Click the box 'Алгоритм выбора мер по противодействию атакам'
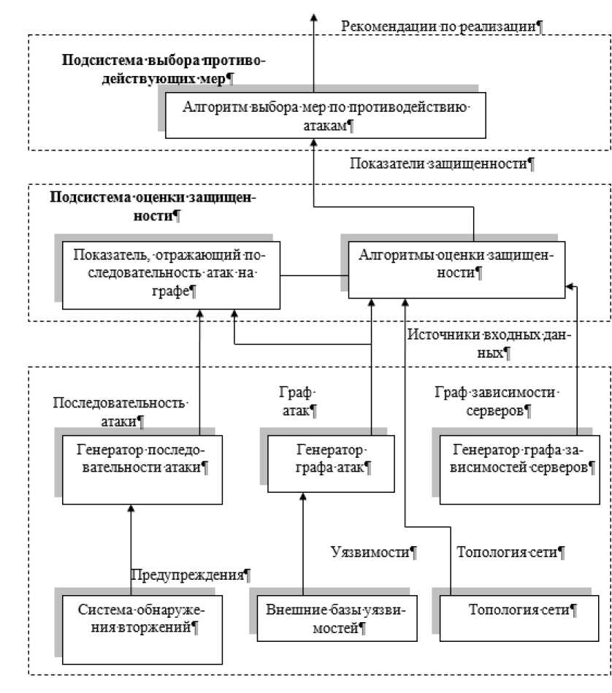point(324,116)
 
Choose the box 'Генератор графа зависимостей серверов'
point(520,468)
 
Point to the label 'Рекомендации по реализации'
point(443,26)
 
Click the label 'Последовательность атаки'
point(121,412)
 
